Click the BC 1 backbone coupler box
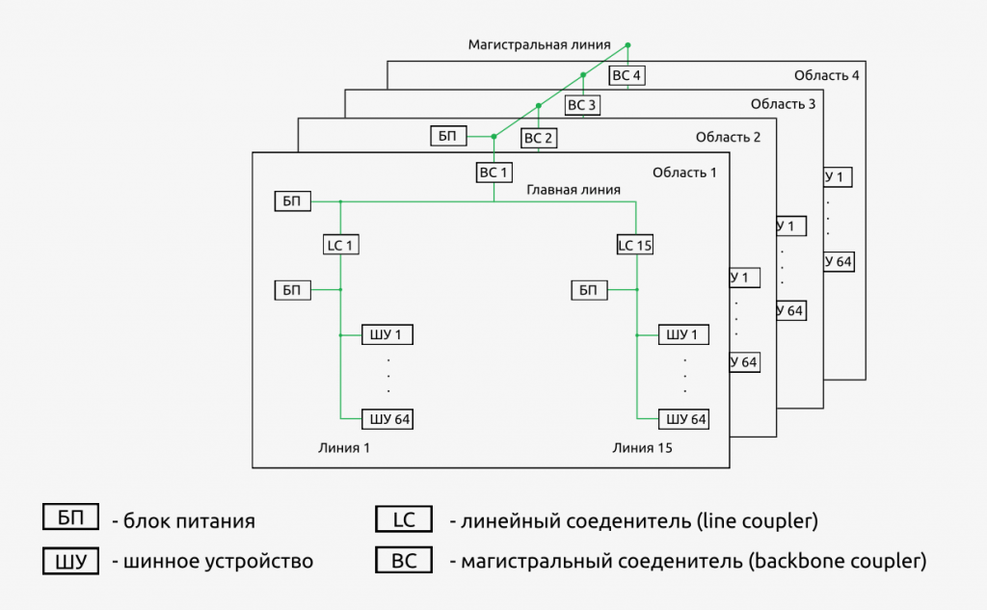click(x=493, y=172)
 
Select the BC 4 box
click(x=627, y=74)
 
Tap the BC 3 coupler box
click(x=582, y=105)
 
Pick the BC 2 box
click(x=538, y=138)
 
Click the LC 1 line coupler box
click(x=340, y=245)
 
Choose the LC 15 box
click(x=635, y=245)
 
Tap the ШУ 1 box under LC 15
click(x=683, y=335)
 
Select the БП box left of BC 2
click(x=447, y=136)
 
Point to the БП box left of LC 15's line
click(x=589, y=290)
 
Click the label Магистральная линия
click(x=539, y=44)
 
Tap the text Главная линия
click(x=574, y=190)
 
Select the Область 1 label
click(x=684, y=172)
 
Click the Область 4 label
click(x=826, y=74)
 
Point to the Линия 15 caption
click(x=642, y=448)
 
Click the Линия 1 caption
click(x=344, y=448)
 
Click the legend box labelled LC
click(x=404, y=519)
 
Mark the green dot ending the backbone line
click(x=627, y=44)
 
